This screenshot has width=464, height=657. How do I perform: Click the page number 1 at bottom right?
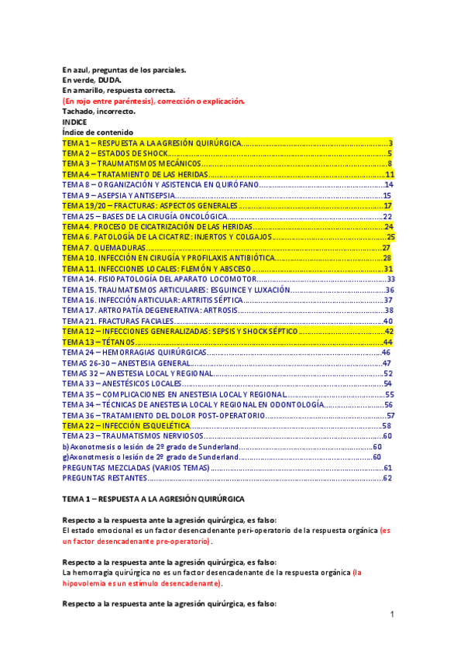(393, 614)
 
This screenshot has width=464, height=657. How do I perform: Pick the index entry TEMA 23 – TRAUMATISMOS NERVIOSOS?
(129, 436)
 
